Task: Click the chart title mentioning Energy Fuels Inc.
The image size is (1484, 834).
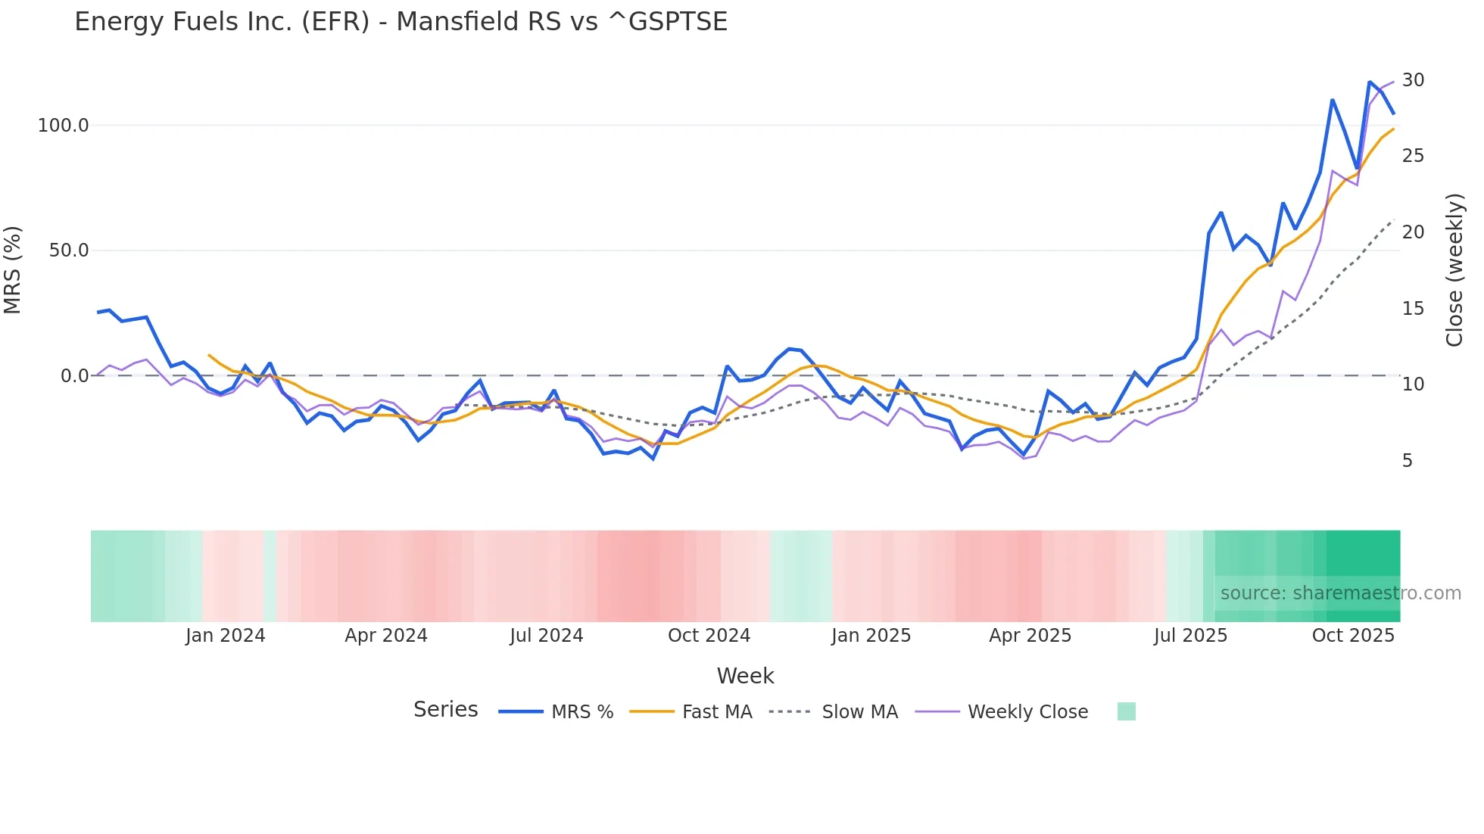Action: pyautogui.click(x=401, y=22)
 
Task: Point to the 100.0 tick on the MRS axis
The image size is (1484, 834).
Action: pyautogui.click(x=64, y=126)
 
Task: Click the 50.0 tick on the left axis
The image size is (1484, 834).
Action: pyautogui.click(x=69, y=251)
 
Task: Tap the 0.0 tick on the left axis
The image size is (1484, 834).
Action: pyautogui.click(x=74, y=376)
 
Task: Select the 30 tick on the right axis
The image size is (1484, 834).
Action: pyautogui.click(x=1413, y=80)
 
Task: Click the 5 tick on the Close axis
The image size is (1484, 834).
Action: pyautogui.click(x=1407, y=461)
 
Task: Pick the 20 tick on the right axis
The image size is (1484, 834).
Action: pyautogui.click(x=1413, y=232)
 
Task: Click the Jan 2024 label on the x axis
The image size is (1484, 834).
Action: pyautogui.click(x=225, y=636)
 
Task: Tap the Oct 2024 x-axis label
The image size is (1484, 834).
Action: pyautogui.click(x=709, y=636)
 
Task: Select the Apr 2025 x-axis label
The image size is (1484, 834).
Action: pyautogui.click(x=1030, y=636)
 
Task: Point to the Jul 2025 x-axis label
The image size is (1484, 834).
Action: pyautogui.click(x=1190, y=636)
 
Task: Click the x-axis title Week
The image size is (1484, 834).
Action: pyautogui.click(x=745, y=676)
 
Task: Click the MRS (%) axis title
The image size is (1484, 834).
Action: pyautogui.click(x=13, y=270)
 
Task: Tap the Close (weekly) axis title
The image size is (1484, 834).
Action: pyautogui.click(x=1454, y=270)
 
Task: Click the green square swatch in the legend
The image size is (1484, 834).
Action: pyautogui.click(x=1126, y=711)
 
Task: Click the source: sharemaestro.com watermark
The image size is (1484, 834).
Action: pyautogui.click(x=1340, y=593)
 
